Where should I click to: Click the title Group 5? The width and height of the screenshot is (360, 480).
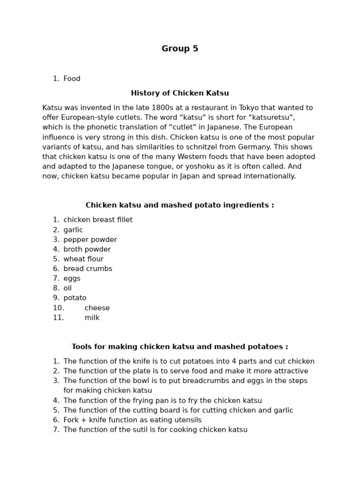tap(180, 49)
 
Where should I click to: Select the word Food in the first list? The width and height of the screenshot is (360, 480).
tap(72, 79)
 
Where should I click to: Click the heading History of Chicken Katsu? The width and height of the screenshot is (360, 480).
tap(180, 93)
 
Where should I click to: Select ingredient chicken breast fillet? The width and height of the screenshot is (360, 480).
tap(98, 220)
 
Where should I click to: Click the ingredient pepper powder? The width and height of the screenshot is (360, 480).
tap(90, 240)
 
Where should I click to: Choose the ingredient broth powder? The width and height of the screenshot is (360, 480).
tap(87, 249)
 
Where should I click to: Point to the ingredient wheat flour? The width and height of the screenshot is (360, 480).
tap(83, 259)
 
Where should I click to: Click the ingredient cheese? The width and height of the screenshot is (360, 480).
tap(97, 308)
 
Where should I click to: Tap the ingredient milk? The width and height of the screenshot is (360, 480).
tap(92, 318)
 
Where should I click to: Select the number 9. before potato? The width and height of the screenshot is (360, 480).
tap(56, 298)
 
